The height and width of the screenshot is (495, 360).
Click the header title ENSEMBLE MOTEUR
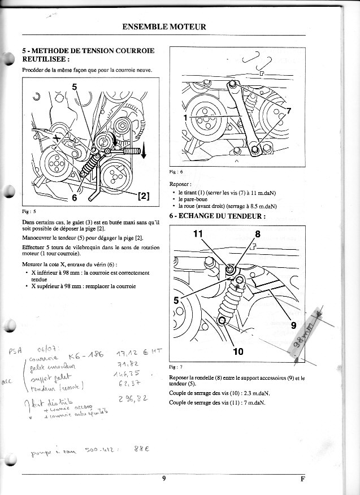click(x=164, y=27)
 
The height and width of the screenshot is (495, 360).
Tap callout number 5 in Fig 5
click(x=75, y=87)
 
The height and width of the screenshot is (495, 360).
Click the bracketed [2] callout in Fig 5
click(x=143, y=196)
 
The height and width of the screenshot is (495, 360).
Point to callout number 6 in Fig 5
click(x=74, y=198)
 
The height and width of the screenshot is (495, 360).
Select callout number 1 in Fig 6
click(x=184, y=117)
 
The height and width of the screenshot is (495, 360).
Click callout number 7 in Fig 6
click(x=289, y=111)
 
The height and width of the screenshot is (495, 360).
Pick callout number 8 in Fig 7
click(x=258, y=233)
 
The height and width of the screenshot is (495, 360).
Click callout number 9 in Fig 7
click(x=293, y=325)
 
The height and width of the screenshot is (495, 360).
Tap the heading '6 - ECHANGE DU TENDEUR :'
click(x=217, y=216)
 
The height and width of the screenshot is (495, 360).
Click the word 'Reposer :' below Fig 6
click(x=181, y=184)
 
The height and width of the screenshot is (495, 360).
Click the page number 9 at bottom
click(x=163, y=479)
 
